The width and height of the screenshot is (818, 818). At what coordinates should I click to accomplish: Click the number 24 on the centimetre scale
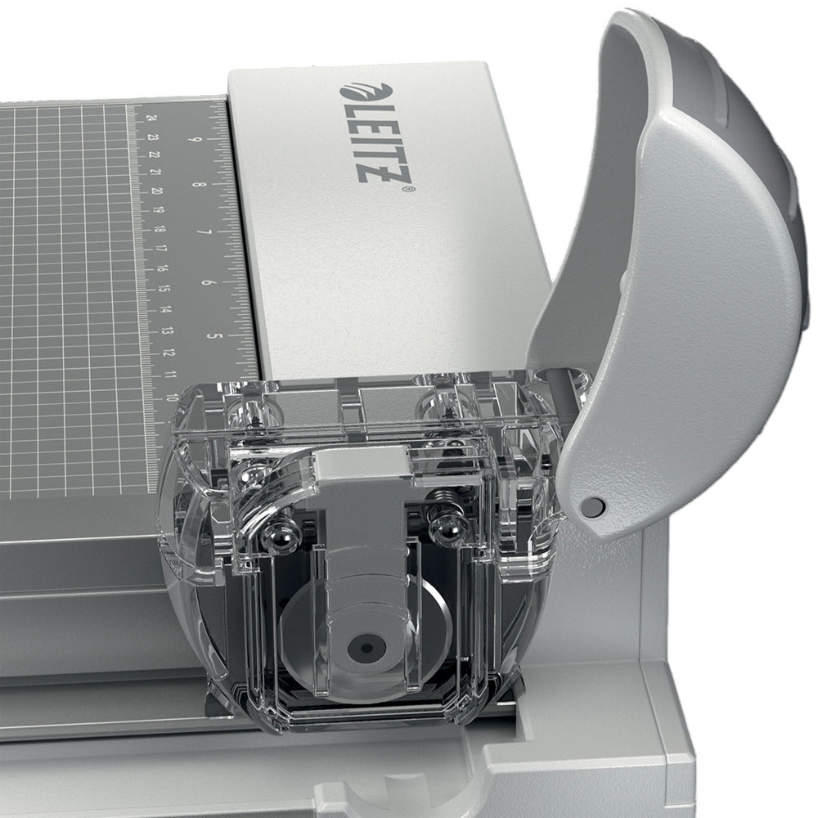tap(152, 118)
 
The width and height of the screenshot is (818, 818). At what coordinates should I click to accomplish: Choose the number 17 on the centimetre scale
tap(161, 248)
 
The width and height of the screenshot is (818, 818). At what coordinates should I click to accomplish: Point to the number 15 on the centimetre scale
tap(165, 288)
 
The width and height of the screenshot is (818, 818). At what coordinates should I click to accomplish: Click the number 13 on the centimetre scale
tap(169, 330)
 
